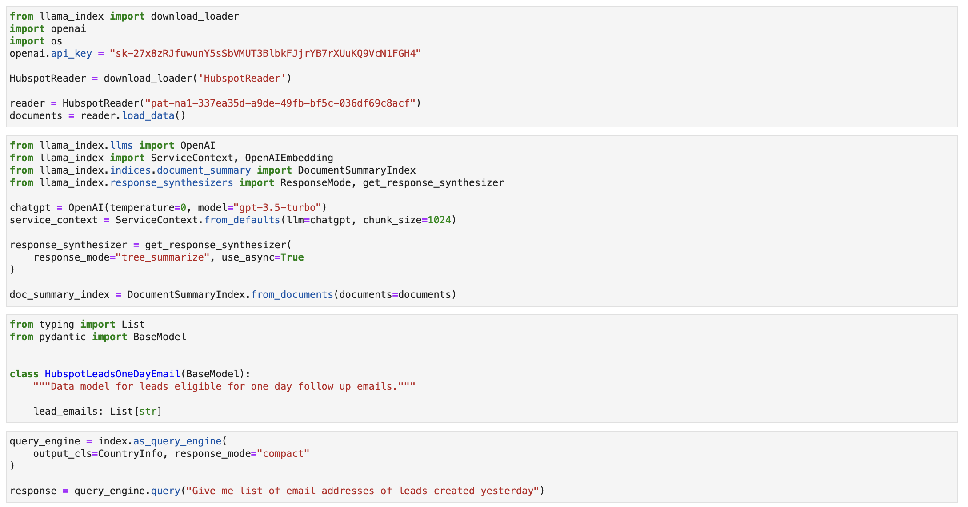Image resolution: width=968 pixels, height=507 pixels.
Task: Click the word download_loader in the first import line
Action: tap(195, 16)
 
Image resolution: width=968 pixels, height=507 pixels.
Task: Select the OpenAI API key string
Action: tap(265, 54)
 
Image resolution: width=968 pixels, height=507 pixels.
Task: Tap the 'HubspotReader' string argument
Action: tap(242, 79)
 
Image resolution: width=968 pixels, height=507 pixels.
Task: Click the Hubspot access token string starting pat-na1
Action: tap(280, 103)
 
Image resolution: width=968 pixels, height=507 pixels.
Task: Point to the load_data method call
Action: tap(148, 116)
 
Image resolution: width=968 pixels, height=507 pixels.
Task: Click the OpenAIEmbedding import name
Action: tap(289, 158)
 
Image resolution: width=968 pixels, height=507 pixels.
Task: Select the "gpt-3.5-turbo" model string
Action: tap(277, 208)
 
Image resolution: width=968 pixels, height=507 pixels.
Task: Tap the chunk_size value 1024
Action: tap(439, 220)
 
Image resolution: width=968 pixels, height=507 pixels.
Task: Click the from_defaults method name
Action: tap(242, 220)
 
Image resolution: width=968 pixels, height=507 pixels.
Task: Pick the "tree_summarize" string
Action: tap(162, 257)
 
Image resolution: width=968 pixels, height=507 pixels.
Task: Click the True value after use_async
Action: tap(292, 257)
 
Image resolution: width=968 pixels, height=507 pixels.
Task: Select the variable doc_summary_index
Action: tap(60, 295)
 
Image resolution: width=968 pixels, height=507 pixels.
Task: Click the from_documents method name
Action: tap(292, 295)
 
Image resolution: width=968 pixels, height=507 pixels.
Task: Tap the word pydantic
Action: tap(63, 337)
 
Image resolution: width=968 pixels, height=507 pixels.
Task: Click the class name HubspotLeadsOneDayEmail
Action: tap(112, 374)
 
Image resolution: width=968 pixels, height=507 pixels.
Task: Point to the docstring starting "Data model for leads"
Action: tap(224, 387)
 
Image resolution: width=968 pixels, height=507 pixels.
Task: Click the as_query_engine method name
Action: tap(177, 441)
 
